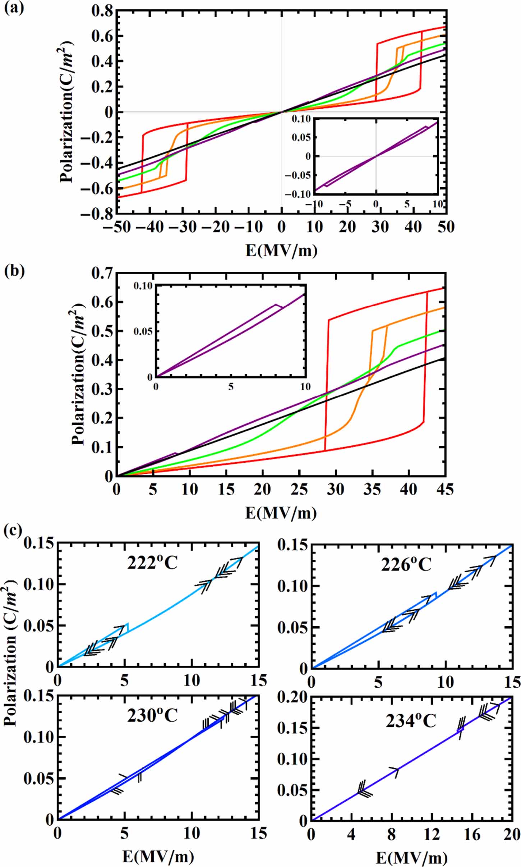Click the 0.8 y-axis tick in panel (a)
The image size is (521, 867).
(102, 11)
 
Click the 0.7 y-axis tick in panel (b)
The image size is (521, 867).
(102, 273)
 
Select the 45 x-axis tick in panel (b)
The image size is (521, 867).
(445, 490)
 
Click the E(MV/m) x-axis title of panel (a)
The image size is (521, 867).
(281, 250)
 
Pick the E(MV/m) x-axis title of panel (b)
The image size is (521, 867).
(281, 513)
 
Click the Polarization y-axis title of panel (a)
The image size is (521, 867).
(67, 111)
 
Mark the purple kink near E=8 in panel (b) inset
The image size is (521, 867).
(277, 305)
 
